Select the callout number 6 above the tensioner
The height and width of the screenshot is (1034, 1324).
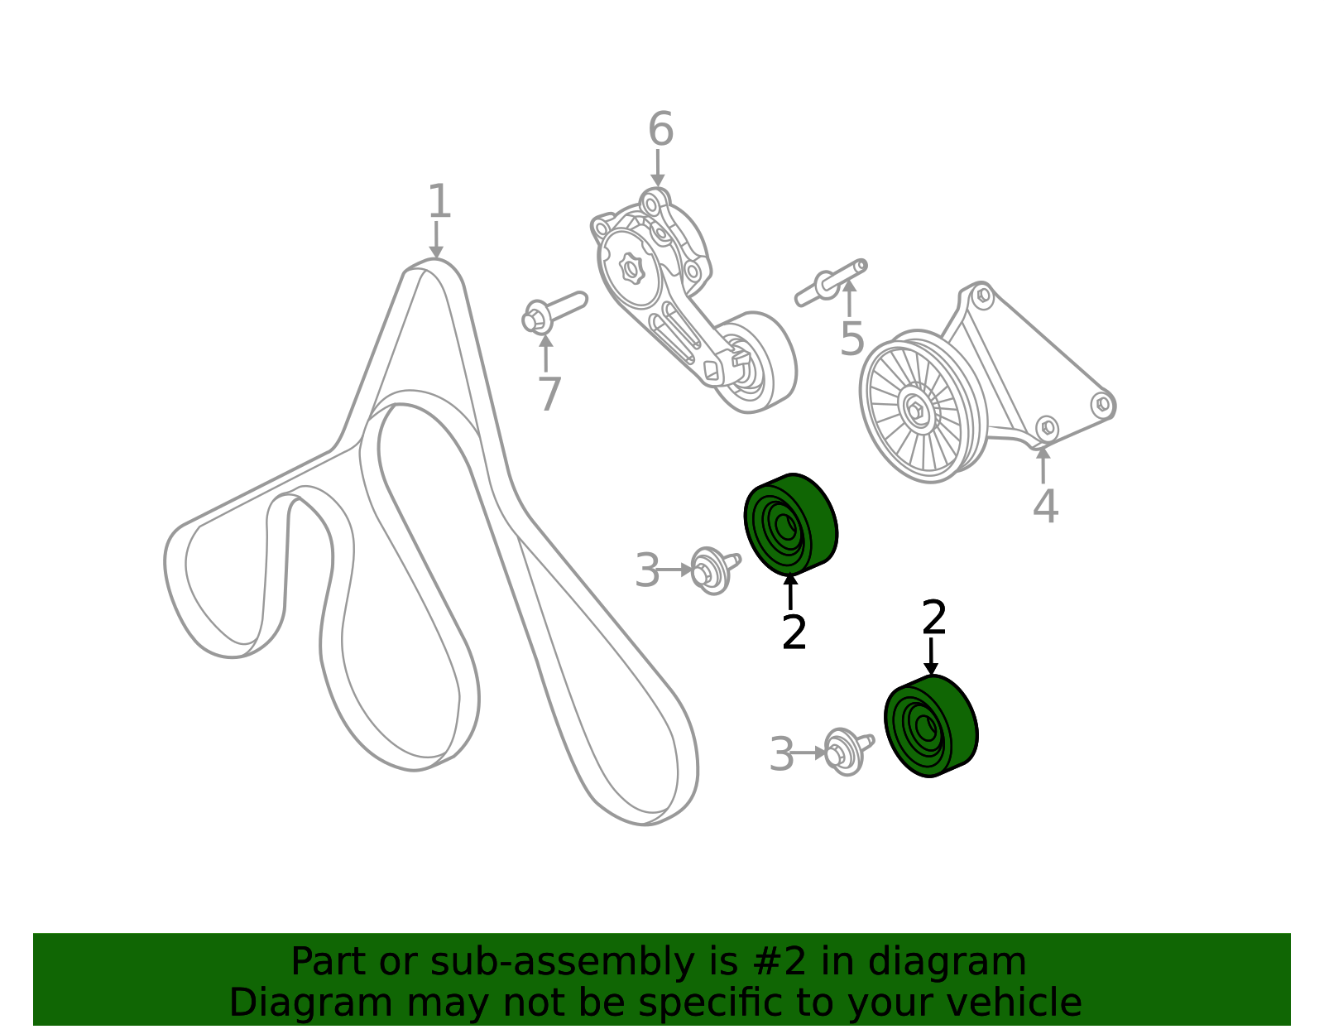[x=660, y=128]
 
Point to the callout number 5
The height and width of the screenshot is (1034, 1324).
[x=851, y=338]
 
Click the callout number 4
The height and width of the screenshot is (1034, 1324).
[x=1046, y=506]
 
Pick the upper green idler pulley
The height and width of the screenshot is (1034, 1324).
[x=791, y=524]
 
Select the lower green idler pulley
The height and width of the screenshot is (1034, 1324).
[x=931, y=726]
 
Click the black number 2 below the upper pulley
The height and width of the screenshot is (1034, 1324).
[x=794, y=632]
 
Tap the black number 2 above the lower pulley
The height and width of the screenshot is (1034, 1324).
[x=934, y=618]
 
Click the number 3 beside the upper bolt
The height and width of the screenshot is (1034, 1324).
[x=647, y=570]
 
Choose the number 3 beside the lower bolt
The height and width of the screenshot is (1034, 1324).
[x=782, y=753]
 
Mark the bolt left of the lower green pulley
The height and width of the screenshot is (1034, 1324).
[x=847, y=751]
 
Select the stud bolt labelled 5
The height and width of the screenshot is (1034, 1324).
[x=831, y=282]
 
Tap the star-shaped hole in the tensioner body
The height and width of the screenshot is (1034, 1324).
[x=631, y=269]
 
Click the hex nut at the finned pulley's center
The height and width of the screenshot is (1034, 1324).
[x=914, y=409]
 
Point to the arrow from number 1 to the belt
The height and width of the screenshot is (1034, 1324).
[x=435, y=240]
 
